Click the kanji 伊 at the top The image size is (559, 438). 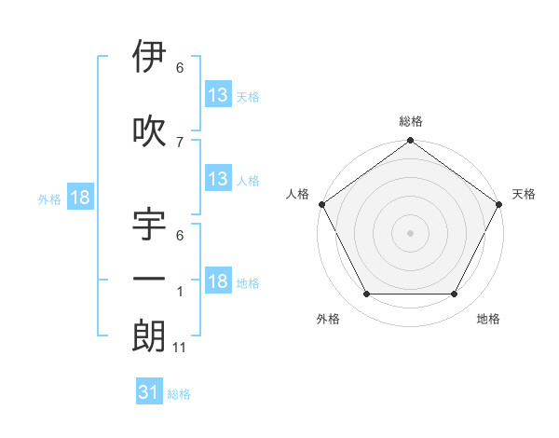pyautogui.click(x=149, y=57)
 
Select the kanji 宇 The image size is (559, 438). pyautogui.click(x=149, y=226)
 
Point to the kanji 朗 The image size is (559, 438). pyautogui.click(x=149, y=335)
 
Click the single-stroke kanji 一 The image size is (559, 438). pyautogui.click(x=149, y=281)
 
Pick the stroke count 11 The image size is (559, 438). pyautogui.click(x=180, y=347)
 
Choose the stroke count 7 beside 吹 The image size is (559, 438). pyautogui.click(x=180, y=142)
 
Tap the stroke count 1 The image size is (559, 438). pyautogui.click(x=180, y=293)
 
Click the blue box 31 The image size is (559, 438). pyautogui.click(x=149, y=392)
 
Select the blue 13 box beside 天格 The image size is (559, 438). pyautogui.click(x=218, y=94)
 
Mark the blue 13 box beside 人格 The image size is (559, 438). pyautogui.click(x=218, y=178)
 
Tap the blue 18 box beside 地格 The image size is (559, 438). pyautogui.click(x=218, y=281)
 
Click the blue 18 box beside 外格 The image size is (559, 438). pyautogui.click(x=80, y=198)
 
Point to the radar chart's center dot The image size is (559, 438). pyautogui.click(x=410, y=233)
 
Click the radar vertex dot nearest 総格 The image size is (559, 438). pyautogui.click(x=410, y=142)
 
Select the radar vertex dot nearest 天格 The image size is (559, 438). pyautogui.click(x=499, y=205)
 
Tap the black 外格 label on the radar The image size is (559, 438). pyautogui.click(x=328, y=319)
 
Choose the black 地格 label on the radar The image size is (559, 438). pyautogui.click(x=488, y=319)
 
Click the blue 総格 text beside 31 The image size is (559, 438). pyautogui.click(x=179, y=394)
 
